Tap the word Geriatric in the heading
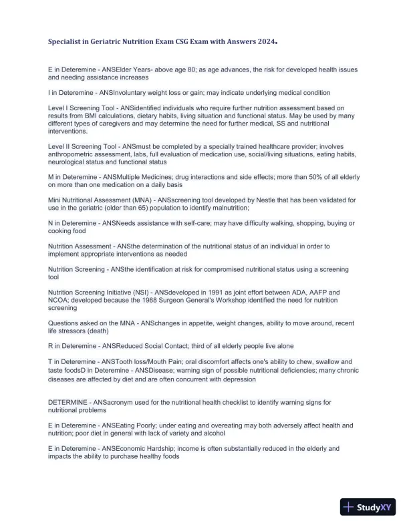click(x=105, y=41)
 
